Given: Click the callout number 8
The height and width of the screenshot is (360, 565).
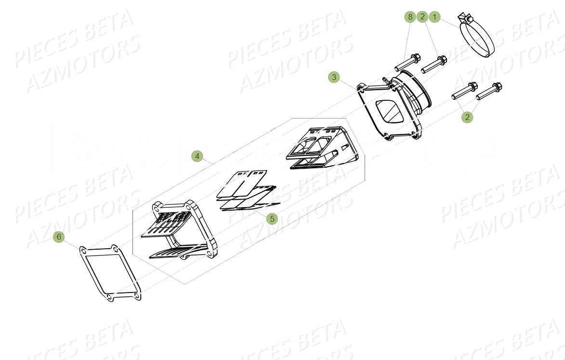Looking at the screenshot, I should (410, 17).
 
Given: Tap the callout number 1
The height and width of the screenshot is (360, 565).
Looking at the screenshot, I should (434, 17).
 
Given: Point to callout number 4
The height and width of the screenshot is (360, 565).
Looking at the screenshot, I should (197, 156).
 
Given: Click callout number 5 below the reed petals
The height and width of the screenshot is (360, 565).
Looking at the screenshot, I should (272, 218).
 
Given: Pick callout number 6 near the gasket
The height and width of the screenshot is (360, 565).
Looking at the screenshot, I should (59, 237).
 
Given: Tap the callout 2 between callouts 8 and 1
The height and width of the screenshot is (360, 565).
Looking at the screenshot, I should (422, 17).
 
